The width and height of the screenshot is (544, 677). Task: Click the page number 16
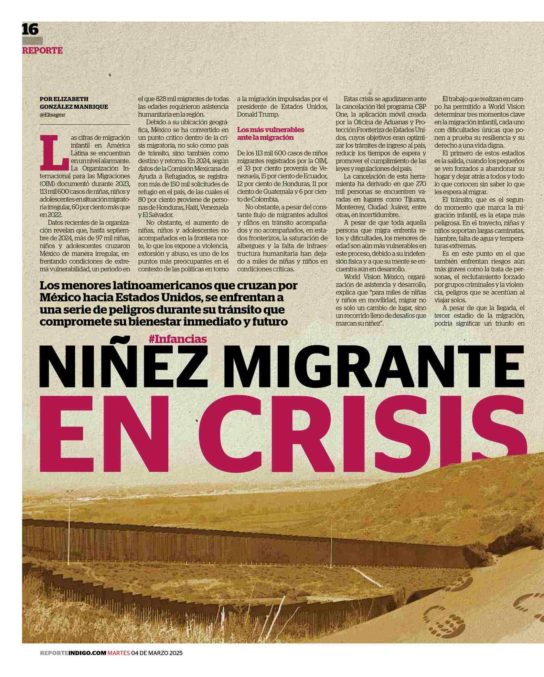pyautogui.click(x=30, y=30)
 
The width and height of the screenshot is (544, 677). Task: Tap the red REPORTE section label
pyautogui.click(x=42, y=51)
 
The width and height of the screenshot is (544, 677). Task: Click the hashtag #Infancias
pyautogui.click(x=178, y=339)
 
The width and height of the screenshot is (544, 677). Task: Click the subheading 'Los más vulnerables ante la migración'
pyautogui.click(x=271, y=133)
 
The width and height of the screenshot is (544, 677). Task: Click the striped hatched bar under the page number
pyautogui.click(x=33, y=41)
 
